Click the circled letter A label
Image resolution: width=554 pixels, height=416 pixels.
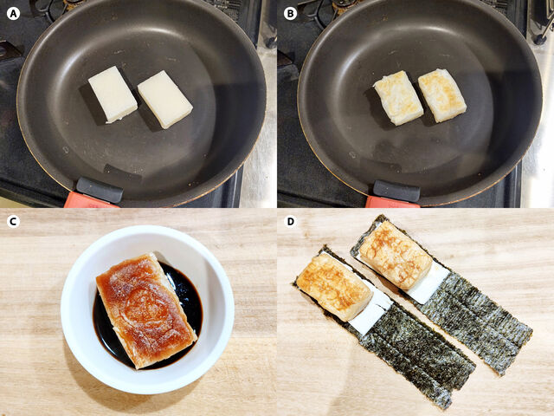coord(12,12)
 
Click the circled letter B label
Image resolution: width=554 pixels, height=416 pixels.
coord(290,12)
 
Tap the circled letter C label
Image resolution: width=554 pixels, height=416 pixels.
coord(12,221)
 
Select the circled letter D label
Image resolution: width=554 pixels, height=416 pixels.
coord(290,221)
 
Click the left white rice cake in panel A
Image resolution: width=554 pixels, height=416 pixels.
coord(113,94)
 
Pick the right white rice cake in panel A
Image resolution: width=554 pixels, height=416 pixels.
coord(164,99)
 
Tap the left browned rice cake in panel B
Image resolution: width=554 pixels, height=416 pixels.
coord(398,97)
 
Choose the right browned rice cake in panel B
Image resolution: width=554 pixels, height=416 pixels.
coord(441,94)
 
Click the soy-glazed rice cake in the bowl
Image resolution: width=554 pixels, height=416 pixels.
coord(145,308)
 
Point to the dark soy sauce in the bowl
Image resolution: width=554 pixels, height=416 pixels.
coord(186,299)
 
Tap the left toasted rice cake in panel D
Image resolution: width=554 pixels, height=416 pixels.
coord(334,286)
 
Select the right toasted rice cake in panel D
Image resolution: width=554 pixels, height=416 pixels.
coord(395,254)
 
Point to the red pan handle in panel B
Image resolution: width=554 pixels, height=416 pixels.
coord(389,202)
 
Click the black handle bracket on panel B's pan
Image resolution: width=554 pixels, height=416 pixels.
coord(396,190)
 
